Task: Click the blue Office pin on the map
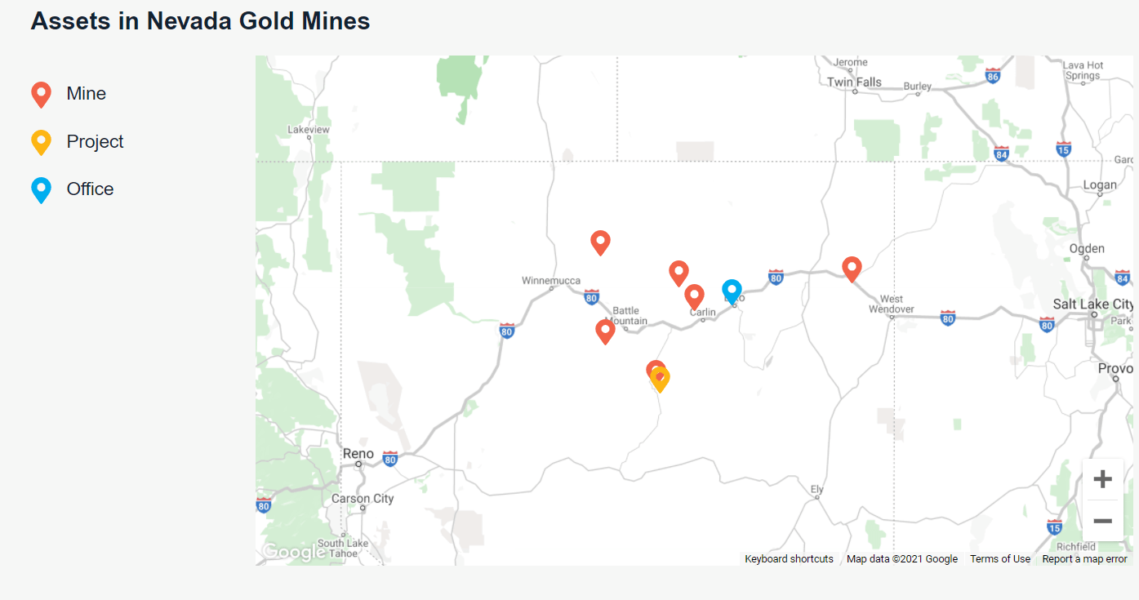click(732, 290)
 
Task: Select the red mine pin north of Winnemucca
click(600, 242)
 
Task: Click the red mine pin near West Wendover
click(852, 268)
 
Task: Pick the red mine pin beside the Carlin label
click(694, 296)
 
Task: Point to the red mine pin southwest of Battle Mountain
click(605, 331)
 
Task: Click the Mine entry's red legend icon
click(41, 94)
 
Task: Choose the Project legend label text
click(95, 141)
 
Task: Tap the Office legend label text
click(90, 189)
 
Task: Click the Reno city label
click(358, 454)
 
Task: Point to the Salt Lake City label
click(1092, 304)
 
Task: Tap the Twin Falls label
click(854, 82)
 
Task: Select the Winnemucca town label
click(551, 281)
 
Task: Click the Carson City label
click(363, 499)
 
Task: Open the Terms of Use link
click(999, 559)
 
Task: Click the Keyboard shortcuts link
click(789, 559)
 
